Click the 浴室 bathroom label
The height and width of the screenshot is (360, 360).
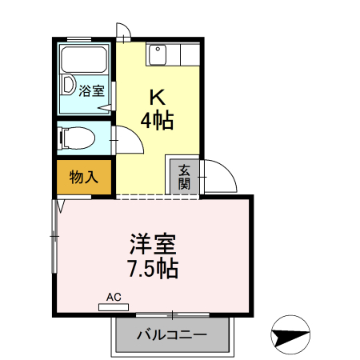coord(92,90)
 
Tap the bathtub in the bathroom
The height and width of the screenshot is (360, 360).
coord(83,60)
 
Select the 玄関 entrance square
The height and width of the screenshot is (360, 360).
coord(184,176)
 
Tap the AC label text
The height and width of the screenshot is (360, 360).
coord(114,298)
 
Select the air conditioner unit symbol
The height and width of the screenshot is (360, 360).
coord(114,306)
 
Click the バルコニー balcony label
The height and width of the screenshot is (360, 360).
coord(171,334)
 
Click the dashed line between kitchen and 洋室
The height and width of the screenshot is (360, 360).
coord(157,196)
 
